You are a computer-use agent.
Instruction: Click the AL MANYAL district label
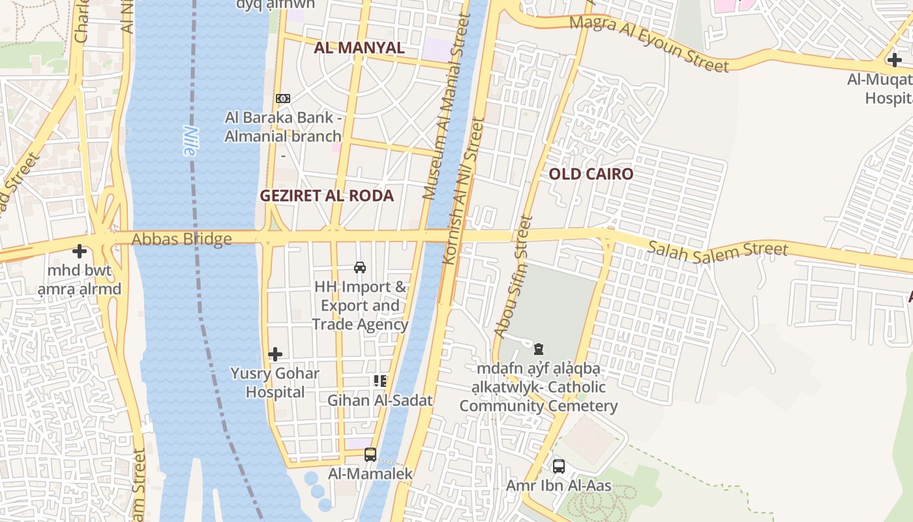(x=359, y=48)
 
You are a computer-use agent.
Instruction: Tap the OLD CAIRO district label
(x=591, y=174)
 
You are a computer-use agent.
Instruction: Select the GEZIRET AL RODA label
(x=327, y=196)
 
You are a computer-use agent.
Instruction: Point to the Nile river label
(x=189, y=140)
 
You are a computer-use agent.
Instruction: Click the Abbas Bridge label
(x=181, y=239)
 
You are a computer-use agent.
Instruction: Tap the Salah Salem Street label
(x=718, y=249)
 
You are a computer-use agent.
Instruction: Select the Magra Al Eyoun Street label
(x=649, y=44)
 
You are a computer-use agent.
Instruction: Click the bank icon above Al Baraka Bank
(x=282, y=98)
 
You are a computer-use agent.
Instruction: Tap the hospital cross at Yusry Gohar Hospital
(x=275, y=354)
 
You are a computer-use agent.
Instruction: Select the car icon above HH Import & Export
(x=359, y=267)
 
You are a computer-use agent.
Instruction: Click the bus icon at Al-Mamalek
(x=370, y=454)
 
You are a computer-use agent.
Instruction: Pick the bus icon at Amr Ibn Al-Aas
(x=559, y=466)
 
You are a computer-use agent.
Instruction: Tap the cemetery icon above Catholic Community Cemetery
(x=539, y=349)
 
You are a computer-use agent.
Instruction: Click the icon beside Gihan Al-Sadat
(x=380, y=380)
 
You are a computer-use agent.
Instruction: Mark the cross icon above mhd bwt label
(x=80, y=251)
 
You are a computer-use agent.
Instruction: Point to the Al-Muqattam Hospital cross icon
(x=894, y=60)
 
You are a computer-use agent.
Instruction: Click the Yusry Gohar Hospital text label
(x=275, y=383)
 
